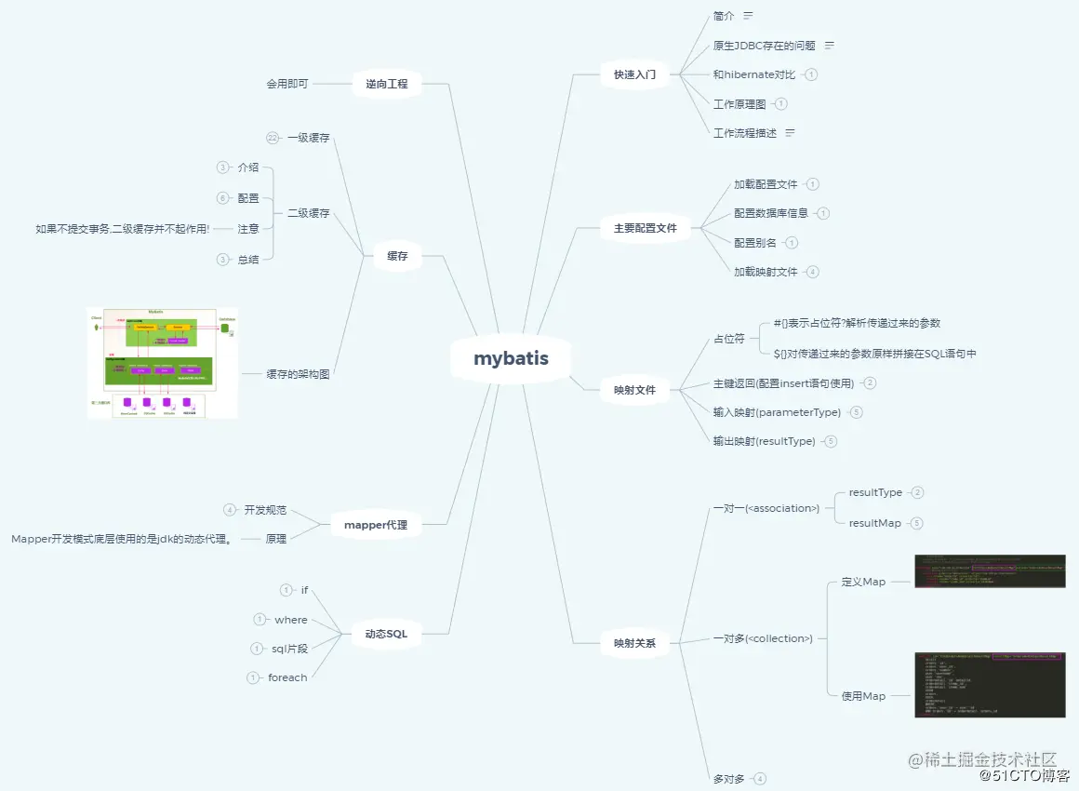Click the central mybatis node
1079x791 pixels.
511,359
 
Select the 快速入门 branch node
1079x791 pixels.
634,74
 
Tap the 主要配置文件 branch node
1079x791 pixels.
645,228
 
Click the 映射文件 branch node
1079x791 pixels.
634,390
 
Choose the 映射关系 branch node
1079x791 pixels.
634,643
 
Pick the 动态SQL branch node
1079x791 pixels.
385,634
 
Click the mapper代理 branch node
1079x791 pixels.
375,526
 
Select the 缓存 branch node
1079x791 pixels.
397,256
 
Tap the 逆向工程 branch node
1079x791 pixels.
386,85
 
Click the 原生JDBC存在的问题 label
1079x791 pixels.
764,46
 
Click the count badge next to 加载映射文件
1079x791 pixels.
813,272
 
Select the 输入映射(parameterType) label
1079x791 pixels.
777,412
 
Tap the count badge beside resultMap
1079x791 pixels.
916,523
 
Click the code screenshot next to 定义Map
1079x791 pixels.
990,571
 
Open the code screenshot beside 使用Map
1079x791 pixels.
990,685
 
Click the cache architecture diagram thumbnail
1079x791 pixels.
163,363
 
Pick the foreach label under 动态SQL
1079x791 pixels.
287,677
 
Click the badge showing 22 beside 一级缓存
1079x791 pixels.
273,138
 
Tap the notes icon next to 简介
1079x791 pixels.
748,16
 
